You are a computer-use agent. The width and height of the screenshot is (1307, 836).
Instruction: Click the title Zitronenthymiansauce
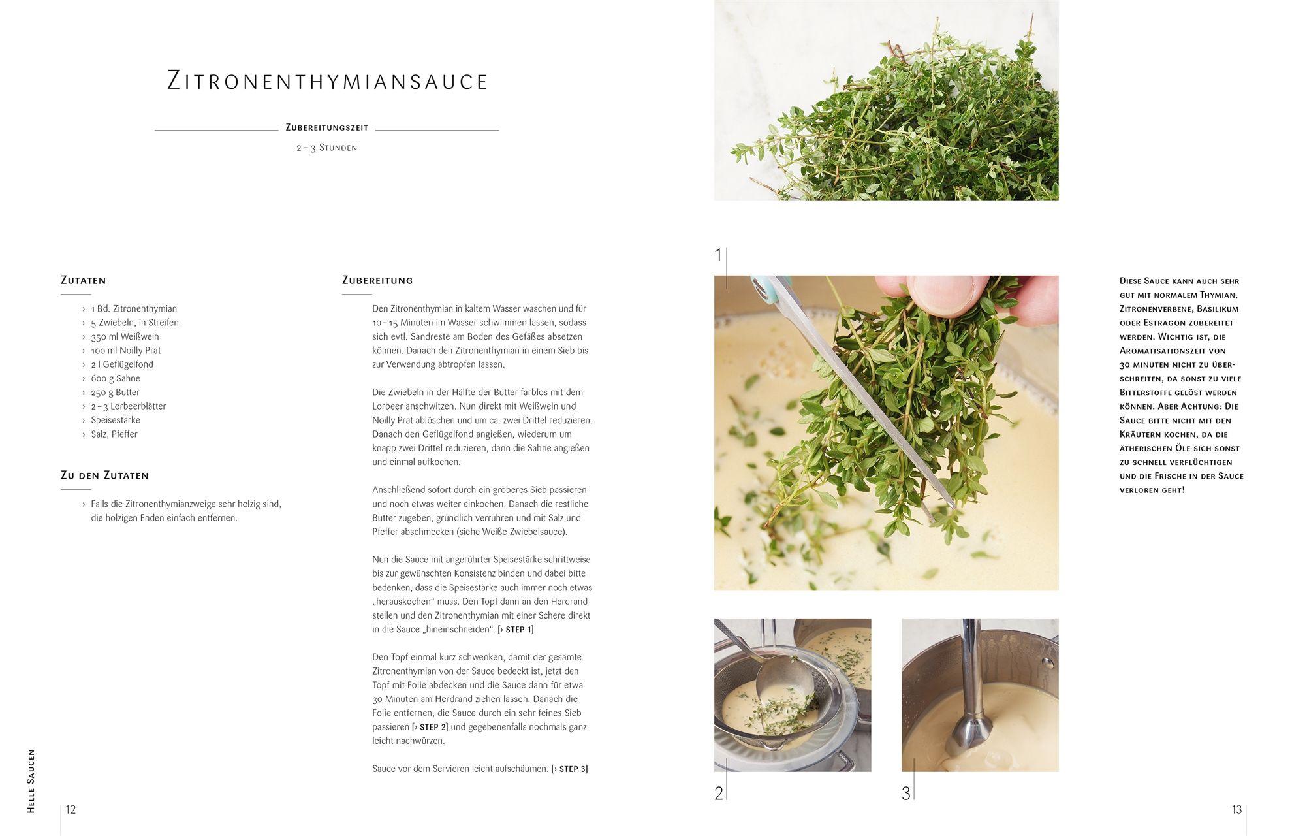[328, 80]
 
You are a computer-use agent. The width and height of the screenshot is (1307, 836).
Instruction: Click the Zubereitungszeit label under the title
[327, 128]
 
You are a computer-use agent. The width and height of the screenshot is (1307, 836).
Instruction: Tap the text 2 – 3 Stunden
[327, 148]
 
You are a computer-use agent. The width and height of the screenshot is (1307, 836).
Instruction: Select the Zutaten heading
[83, 280]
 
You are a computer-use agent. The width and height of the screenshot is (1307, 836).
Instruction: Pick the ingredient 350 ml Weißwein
[125, 336]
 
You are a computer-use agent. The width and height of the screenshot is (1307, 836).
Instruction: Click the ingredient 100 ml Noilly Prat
[126, 350]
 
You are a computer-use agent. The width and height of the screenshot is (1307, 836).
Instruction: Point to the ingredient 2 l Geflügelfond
[122, 364]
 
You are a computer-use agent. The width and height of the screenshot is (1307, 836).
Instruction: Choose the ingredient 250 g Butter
[116, 392]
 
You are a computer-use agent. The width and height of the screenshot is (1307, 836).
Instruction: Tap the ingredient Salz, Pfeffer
[114, 434]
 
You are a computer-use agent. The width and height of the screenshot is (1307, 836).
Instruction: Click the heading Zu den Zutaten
[104, 475]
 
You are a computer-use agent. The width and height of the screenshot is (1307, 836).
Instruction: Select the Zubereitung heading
[377, 280]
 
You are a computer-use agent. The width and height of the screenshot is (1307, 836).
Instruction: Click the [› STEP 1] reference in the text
[516, 630]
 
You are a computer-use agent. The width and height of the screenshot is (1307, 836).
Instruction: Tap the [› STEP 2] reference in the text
[430, 727]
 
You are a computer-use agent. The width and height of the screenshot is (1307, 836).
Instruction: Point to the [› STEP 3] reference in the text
[570, 769]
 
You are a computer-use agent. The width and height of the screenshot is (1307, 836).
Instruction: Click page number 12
[71, 810]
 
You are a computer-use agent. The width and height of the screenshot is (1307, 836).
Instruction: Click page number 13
[1236, 810]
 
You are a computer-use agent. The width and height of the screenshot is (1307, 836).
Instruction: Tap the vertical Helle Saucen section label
[31, 781]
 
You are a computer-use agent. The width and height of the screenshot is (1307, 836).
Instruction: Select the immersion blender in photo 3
[970, 692]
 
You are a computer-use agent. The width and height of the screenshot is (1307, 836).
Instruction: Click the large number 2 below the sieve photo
[719, 794]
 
